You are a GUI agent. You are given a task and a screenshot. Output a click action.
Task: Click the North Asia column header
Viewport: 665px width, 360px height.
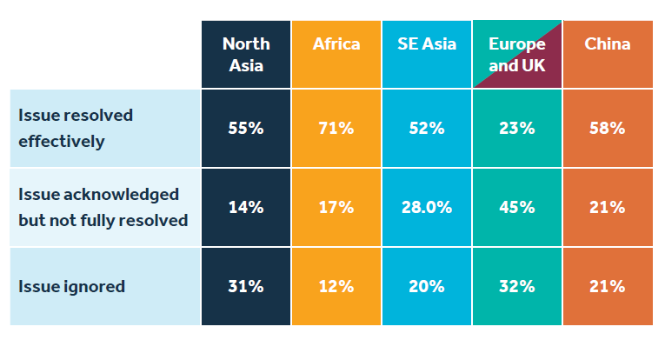click(x=246, y=53)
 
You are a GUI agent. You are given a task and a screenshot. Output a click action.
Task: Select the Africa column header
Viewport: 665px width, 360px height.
click(x=336, y=44)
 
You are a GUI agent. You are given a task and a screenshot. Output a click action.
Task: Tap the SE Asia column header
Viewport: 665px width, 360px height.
click(x=427, y=44)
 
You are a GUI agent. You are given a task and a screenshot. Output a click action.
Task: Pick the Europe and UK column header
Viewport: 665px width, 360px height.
click(x=517, y=53)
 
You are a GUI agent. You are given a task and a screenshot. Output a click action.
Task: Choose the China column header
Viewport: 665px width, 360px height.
click(x=608, y=44)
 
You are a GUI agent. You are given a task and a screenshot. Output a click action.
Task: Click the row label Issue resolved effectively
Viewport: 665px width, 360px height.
click(x=76, y=128)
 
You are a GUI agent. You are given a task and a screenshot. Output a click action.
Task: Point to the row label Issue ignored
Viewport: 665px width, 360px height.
click(x=71, y=286)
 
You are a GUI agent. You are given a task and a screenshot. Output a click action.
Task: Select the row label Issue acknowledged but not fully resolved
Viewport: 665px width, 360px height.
click(x=103, y=207)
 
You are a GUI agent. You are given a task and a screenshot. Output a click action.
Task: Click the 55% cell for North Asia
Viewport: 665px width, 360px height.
click(x=246, y=128)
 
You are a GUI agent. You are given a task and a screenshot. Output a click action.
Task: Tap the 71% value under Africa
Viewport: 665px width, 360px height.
click(x=336, y=128)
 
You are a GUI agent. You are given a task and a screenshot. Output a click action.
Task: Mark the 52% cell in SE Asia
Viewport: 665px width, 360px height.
click(x=427, y=128)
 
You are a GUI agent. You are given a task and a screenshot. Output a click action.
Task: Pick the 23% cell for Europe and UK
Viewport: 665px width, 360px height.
click(x=517, y=128)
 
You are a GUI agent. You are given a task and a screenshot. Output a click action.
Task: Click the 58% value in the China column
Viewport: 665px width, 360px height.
click(x=608, y=128)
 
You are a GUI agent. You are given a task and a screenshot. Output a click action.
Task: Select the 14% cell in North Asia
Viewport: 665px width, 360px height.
click(x=246, y=207)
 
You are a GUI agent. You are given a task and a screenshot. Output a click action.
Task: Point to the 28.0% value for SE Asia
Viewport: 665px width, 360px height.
click(x=427, y=207)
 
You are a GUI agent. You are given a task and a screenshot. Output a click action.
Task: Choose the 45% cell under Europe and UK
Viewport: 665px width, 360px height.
click(x=517, y=207)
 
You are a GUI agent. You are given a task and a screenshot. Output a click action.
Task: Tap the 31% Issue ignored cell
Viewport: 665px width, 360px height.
click(x=246, y=286)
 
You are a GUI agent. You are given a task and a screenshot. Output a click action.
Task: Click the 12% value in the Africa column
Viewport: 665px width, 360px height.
click(x=336, y=286)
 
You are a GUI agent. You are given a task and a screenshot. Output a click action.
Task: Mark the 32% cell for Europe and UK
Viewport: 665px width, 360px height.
click(x=517, y=286)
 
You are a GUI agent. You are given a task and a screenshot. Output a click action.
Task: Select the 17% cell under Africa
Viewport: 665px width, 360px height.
click(x=336, y=207)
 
